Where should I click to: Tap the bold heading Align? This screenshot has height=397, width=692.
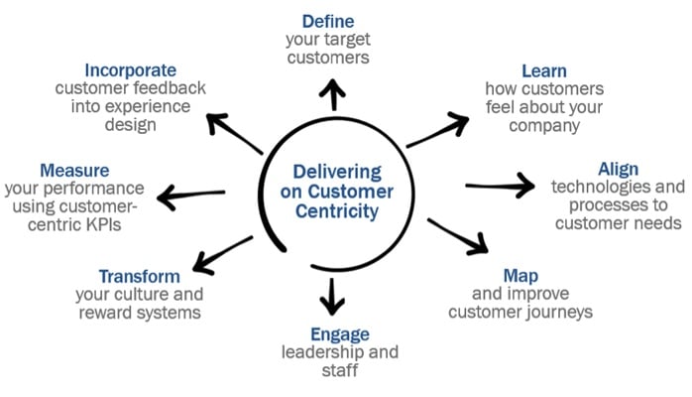pyautogui.click(x=619, y=168)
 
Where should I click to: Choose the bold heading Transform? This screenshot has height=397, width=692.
pyautogui.click(x=140, y=276)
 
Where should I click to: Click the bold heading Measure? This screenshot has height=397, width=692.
pyautogui.click(x=74, y=170)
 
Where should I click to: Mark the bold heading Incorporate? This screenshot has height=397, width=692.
pyautogui.click(x=131, y=69)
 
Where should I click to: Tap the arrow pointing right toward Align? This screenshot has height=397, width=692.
pyautogui.click(x=507, y=186)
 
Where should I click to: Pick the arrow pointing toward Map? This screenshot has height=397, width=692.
pyautogui.click(x=459, y=239)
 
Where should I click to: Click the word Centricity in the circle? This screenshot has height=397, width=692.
pyautogui.click(x=334, y=211)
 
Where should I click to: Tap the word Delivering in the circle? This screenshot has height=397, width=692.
pyautogui.click(x=334, y=170)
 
